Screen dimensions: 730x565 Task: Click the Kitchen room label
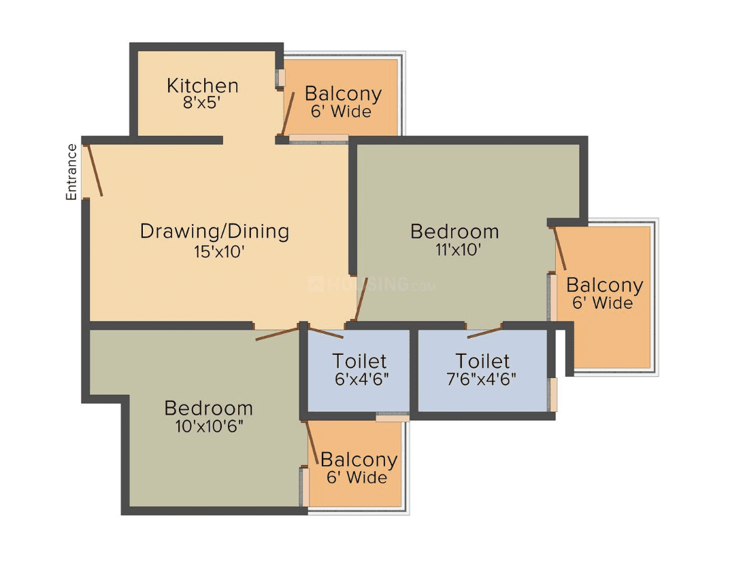point(203,86)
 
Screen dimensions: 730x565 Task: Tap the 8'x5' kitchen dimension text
point(201,103)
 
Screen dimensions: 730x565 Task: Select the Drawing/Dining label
point(214,231)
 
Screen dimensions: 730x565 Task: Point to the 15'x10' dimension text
point(219,252)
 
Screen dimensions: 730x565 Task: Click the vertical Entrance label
point(71,172)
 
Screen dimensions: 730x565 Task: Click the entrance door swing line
point(95,170)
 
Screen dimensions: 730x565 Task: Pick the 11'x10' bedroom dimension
point(458,250)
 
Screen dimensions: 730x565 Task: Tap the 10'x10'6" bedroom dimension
point(210,426)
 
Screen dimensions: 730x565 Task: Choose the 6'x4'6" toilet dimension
point(362,379)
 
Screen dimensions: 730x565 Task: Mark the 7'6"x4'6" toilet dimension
point(482,379)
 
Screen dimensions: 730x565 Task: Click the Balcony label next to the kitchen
point(343,94)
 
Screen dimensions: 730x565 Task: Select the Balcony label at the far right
point(605,286)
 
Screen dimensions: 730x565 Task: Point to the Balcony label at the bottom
point(359,460)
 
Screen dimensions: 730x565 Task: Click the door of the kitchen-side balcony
point(288,114)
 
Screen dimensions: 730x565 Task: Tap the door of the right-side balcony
point(560,249)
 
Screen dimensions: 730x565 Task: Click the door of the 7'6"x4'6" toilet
point(484,332)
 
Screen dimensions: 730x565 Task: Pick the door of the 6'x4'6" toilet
point(327,332)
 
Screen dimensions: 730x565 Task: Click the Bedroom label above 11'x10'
point(454,231)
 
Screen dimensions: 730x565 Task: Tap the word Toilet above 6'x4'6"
point(359,361)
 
